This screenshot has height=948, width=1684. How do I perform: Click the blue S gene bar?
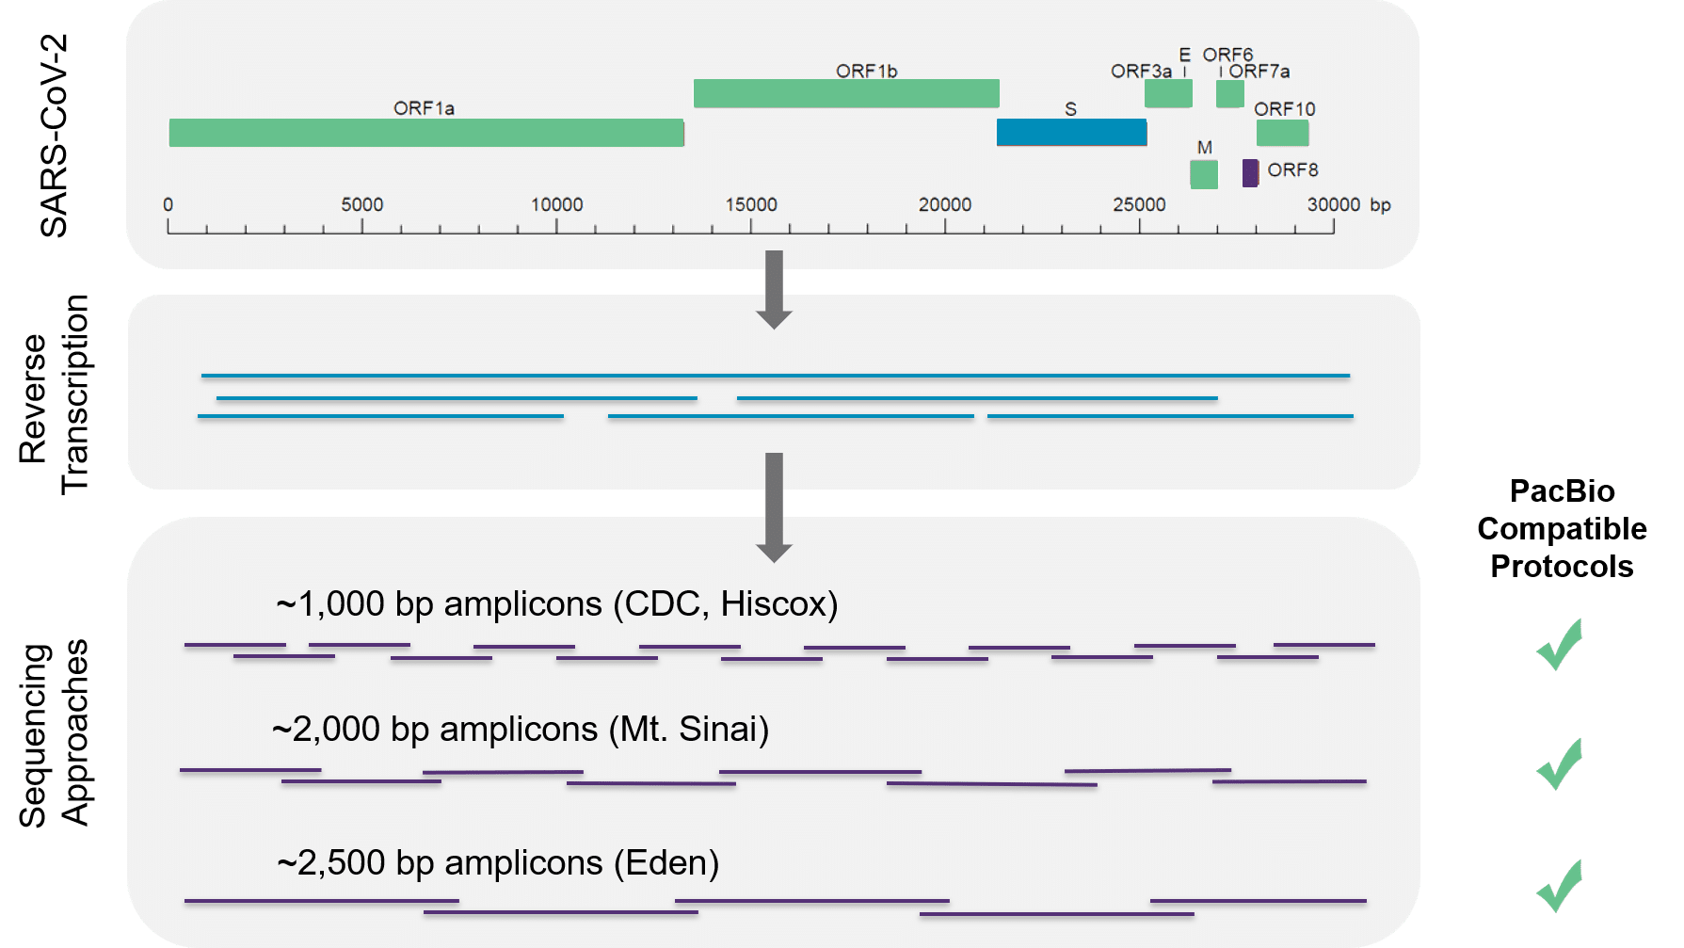(1071, 133)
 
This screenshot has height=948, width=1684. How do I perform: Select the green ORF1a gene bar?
(425, 133)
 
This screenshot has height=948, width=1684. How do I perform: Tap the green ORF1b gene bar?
(846, 93)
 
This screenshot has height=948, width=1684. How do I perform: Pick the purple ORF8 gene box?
(1250, 173)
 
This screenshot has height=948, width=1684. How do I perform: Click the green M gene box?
(1204, 174)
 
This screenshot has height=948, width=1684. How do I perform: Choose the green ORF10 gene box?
(1282, 133)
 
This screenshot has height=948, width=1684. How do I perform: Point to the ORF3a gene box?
(1168, 93)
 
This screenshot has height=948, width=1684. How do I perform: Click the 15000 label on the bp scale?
(751, 204)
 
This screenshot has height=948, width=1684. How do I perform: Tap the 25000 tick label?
(1139, 204)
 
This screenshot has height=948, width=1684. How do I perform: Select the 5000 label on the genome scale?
(362, 204)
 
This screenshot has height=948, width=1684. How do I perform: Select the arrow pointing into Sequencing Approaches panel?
(774, 507)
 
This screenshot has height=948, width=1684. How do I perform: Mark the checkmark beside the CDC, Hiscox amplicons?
(1560, 645)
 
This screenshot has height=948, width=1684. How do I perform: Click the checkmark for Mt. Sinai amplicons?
(1560, 763)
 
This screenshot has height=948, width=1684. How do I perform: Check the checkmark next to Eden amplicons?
(1560, 885)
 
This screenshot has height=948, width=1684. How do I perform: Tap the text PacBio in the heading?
(1562, 490)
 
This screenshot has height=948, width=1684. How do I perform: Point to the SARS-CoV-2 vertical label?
(54, 136)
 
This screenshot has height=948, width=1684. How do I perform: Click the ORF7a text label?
(1259, 72)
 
